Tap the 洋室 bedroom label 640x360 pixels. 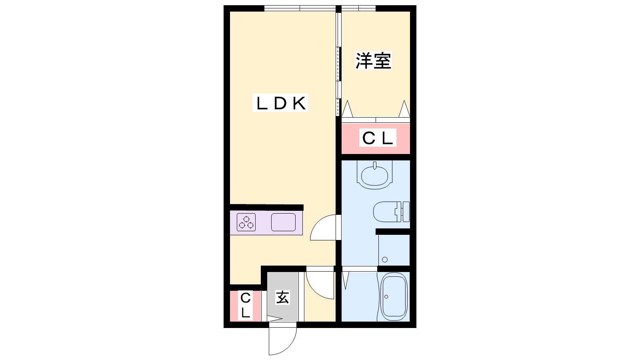(373, 60)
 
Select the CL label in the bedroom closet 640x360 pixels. (378, 138)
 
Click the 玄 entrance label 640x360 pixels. (282, 298)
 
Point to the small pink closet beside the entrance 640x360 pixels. (246, 306)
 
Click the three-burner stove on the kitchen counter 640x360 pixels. (246, 222)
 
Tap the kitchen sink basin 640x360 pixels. (283, 222)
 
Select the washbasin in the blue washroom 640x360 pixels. (374, 175)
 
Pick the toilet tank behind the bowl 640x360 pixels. (406, 212)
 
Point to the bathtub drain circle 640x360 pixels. (386, 296)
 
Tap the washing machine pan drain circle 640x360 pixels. (385, 260)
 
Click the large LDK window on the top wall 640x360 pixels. (300, 8)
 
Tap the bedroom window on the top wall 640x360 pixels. (358, 8)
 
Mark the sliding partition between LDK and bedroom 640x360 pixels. (338, 64)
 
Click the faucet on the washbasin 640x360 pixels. (375, 166)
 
